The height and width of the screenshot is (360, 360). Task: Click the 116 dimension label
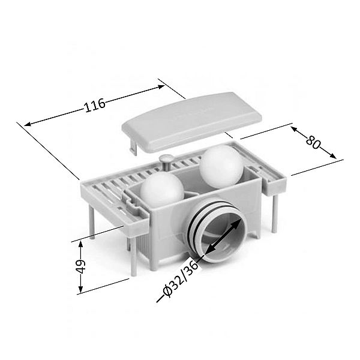95,106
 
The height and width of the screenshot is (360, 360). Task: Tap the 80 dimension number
313,142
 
